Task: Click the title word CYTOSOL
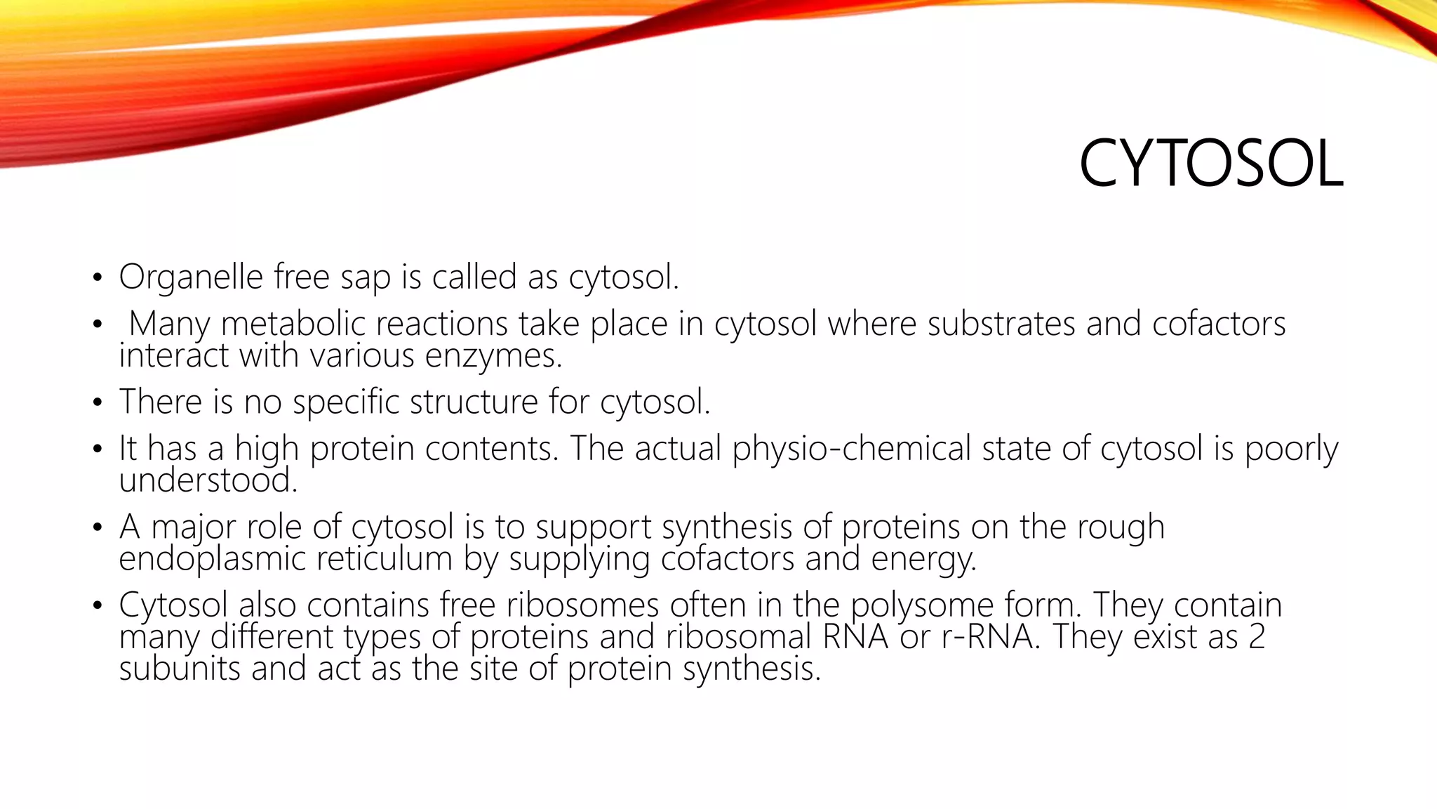pyautogui.click(x=1210, y=164)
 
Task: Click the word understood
pyautogui.click(x=208, y=481)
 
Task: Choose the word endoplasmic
pyautogui.click(x=212, y=560)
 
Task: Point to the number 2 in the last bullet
pyautogui.click(x=1256, y=637)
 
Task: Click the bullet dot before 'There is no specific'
pyautogui.click(x=98, y=404)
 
